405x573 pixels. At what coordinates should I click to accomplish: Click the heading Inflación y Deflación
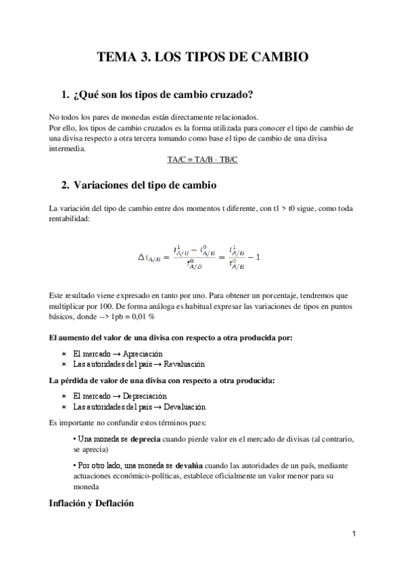[91, 503]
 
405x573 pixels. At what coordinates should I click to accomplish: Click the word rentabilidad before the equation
[69, 218]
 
